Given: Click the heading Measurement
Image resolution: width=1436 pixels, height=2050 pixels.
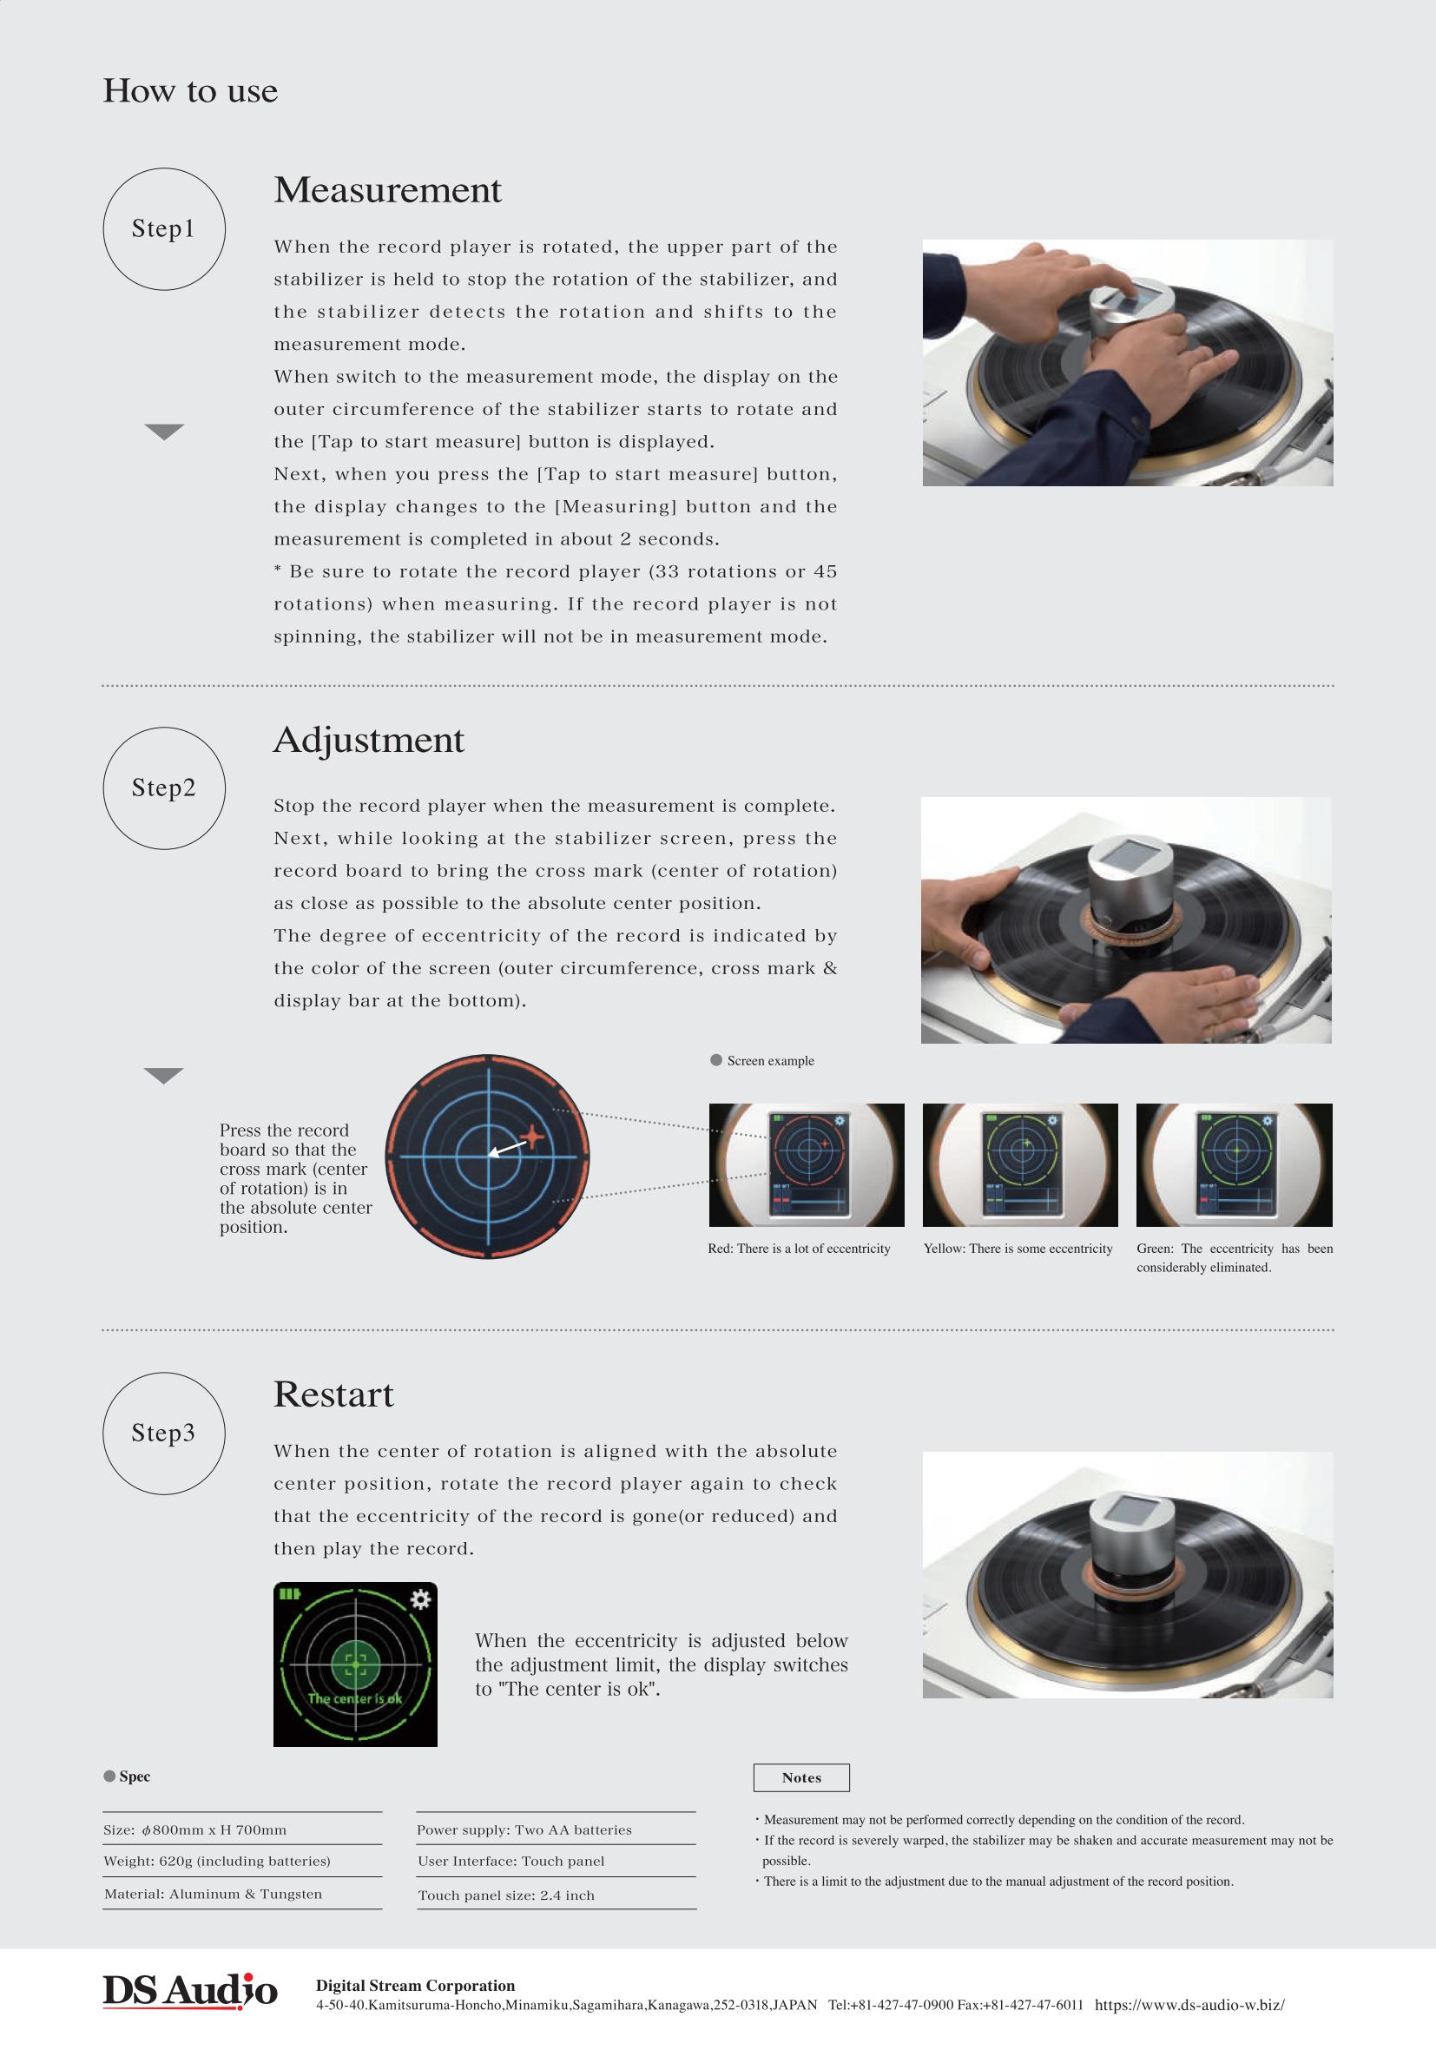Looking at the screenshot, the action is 387,189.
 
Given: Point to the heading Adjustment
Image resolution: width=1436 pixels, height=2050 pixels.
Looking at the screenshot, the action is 369,740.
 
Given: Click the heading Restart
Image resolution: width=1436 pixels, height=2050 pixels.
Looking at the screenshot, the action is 333,1394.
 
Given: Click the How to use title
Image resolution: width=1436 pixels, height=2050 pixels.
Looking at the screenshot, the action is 190,90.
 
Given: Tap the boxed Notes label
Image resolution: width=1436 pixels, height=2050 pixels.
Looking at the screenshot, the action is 801,1777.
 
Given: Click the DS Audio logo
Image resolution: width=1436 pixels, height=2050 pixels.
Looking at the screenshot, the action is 190,1991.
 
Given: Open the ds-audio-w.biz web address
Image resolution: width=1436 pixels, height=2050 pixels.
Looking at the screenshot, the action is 1189,2005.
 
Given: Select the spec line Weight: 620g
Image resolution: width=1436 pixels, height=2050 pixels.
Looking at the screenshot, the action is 217,1862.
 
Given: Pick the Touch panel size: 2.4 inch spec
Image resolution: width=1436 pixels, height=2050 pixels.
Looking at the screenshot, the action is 506,1895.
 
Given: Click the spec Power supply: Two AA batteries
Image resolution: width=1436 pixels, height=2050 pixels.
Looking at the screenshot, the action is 524,1829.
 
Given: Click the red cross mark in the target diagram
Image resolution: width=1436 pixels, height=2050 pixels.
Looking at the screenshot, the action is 532,1137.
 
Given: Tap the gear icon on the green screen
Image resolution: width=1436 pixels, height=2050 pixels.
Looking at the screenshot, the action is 419,1599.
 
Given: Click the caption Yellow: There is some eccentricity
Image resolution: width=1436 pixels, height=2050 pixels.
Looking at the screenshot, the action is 1018,1249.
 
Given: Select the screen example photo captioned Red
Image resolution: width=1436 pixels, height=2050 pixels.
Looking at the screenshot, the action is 807,1165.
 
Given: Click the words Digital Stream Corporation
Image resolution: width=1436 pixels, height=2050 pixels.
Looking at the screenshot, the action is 415,1986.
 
